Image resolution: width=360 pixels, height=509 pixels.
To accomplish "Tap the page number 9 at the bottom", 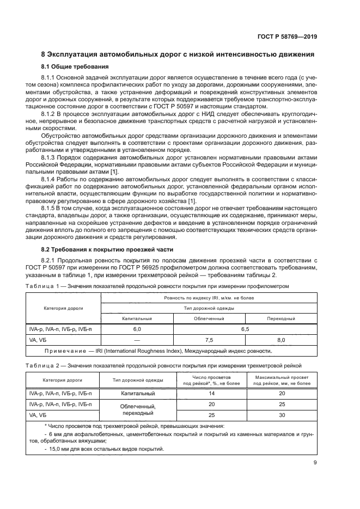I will (x=315, y=463).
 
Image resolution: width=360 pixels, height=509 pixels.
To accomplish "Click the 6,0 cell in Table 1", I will (x=137, y=329).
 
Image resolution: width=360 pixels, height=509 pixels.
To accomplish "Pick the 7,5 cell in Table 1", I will (x=209, y=339).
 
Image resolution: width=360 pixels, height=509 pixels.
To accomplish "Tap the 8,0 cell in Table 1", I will (x=281, y=339).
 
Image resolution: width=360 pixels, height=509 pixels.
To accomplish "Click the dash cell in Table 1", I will (x=137, y=339).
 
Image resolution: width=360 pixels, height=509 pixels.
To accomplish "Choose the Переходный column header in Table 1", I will (x=281, y=318).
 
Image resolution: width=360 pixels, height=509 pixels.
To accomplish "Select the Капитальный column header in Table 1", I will (x=137, y=318).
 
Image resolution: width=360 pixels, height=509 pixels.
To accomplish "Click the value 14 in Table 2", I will (x=212, y=393).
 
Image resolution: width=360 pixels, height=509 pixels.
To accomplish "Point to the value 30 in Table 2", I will (x=282, y=415).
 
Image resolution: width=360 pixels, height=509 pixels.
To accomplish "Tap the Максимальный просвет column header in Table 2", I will (x=282, y=380).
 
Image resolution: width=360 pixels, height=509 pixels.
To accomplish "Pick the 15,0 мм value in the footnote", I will (x=55, y=449).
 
